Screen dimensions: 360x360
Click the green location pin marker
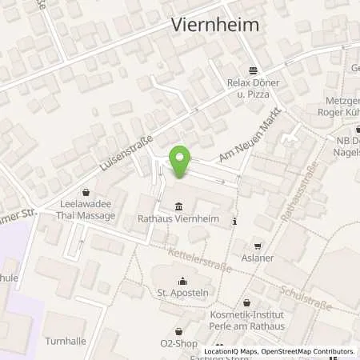[180, 162]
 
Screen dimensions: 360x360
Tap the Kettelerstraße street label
[200, 260]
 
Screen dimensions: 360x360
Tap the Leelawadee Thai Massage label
[86, 211]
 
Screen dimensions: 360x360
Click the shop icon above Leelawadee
[86, 192]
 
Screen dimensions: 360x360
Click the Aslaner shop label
[257, 259]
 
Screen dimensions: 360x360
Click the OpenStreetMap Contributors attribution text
[308, 352]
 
